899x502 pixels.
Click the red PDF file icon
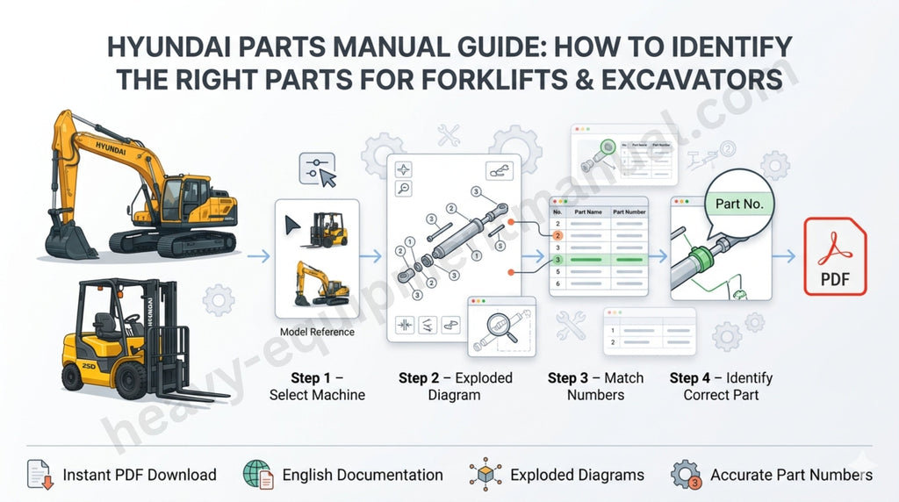pos(835,257)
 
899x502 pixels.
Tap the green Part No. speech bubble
pos(739,204)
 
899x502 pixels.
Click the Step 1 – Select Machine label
pos(317,386)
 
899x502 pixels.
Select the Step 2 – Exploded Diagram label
pos(456,386)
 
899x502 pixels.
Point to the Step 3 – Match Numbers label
pos(595,386)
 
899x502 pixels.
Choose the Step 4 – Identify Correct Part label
pos(721,386)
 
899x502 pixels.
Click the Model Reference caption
pos(317,332)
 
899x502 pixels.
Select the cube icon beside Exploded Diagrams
pos(484,474)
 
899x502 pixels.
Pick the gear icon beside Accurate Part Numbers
pos(685,475)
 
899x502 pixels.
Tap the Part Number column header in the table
pos(629,212)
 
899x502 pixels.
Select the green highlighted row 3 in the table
pos(598,261)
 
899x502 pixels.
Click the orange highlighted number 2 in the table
pos(557,236)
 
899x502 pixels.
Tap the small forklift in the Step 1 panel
pos(323,230)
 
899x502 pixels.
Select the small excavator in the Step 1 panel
pos(320,283)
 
